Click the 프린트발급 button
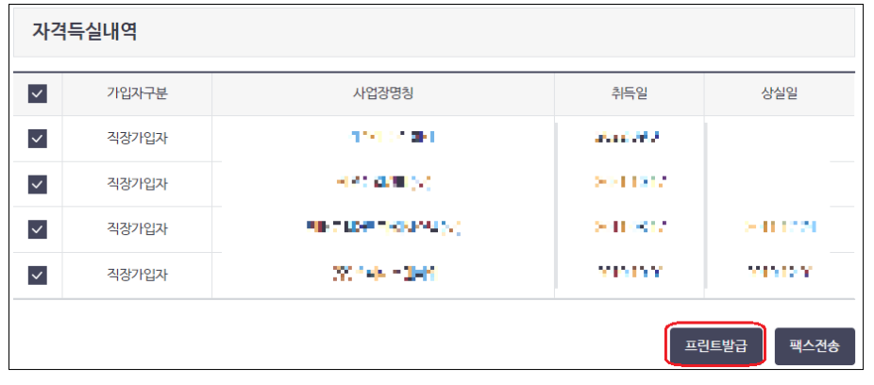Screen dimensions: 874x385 [x=714, y=346]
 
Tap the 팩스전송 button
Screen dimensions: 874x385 [x=815, y=346]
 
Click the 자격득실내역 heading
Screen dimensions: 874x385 [x=85, y=31]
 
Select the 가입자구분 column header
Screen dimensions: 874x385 [x=137, y=93]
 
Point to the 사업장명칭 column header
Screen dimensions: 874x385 [x=382, y=93]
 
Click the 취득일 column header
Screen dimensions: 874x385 [x=629, y=93]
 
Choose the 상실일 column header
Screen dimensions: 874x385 [x=779, y=93]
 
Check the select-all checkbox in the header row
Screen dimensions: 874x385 [x=37, y=93]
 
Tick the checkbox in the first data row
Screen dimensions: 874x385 [x=37, y=139]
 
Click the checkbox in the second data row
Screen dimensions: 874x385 [x=37, y=184]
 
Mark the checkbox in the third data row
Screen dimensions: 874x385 [x=37, y=229]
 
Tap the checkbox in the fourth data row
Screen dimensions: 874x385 [x=37, y=275]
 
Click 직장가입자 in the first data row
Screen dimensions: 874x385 [x=137, y=139]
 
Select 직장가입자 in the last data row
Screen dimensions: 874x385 [x=137, y=275]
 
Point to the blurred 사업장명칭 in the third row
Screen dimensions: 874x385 [x=384, y=227]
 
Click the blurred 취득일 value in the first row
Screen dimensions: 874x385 [x=626, y=138]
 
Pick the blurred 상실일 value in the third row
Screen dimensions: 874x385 [x=779, y=227]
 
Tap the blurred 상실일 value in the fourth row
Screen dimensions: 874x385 [x=779, y=273]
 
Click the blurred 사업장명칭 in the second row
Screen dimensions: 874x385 [x=384, y=180]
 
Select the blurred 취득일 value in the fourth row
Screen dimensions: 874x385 [x=628, y=273]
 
